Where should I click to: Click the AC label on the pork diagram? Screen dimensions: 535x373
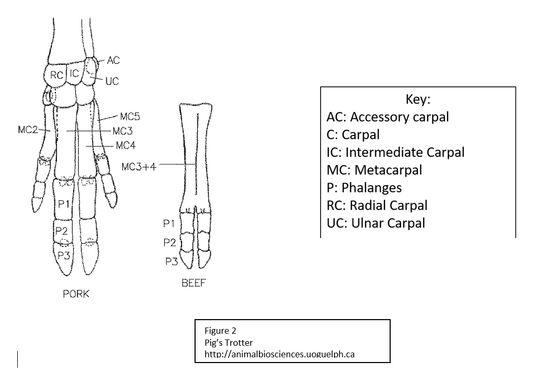[113, 60]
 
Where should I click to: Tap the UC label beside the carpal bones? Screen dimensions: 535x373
[112, 81]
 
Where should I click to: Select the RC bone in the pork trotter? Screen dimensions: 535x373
[56, 75]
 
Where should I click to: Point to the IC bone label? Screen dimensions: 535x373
[74, 73]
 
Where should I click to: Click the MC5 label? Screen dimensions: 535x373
[130, 116]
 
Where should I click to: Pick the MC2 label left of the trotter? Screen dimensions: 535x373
[28, 130]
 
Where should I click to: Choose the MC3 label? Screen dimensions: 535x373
[122, 131]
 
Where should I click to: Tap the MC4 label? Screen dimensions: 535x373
[126, 146]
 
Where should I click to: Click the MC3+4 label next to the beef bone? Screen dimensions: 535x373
[139, 166]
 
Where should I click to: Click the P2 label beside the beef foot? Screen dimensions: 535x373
[169, 243]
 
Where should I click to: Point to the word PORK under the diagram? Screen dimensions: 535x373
[76, 294]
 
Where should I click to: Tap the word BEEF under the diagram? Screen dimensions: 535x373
[194, 283]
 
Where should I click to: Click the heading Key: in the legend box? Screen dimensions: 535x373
[418, 99]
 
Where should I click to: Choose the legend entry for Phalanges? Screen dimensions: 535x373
[364, 188]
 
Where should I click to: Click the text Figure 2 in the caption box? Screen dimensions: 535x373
[220, 331]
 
